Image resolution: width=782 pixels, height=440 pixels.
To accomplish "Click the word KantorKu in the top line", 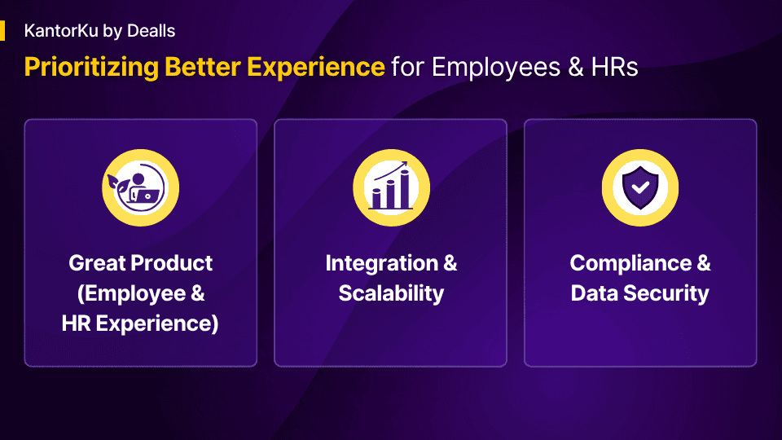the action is (61, 31).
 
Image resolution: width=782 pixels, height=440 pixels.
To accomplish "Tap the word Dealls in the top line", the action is (152, 31).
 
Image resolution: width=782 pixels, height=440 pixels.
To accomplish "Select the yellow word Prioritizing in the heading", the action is (91, 68).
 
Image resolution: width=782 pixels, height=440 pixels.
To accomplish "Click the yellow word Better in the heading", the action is (203, 67).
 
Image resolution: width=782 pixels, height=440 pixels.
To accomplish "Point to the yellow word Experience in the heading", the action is (316, 68).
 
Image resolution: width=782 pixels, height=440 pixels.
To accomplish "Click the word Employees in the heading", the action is (496, 68).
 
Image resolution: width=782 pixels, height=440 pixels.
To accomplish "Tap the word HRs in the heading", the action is (614, 68).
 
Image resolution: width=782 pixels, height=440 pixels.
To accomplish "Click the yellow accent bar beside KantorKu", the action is (2, 30).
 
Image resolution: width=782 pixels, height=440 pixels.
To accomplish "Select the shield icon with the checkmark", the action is (640, 187).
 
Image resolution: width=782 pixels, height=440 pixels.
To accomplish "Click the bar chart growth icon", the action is (391, 186).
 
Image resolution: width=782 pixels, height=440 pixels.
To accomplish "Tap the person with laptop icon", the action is (141, 188).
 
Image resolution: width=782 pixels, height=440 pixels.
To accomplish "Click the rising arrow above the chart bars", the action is (391, 169).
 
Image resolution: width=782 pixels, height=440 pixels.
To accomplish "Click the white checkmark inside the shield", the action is (640, 187).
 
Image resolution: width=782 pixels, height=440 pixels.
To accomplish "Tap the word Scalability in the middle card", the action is (391, 293).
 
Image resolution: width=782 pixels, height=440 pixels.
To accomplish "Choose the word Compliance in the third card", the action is (630, 264).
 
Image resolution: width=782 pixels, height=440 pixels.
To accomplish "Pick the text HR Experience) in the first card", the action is (140, 323).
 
